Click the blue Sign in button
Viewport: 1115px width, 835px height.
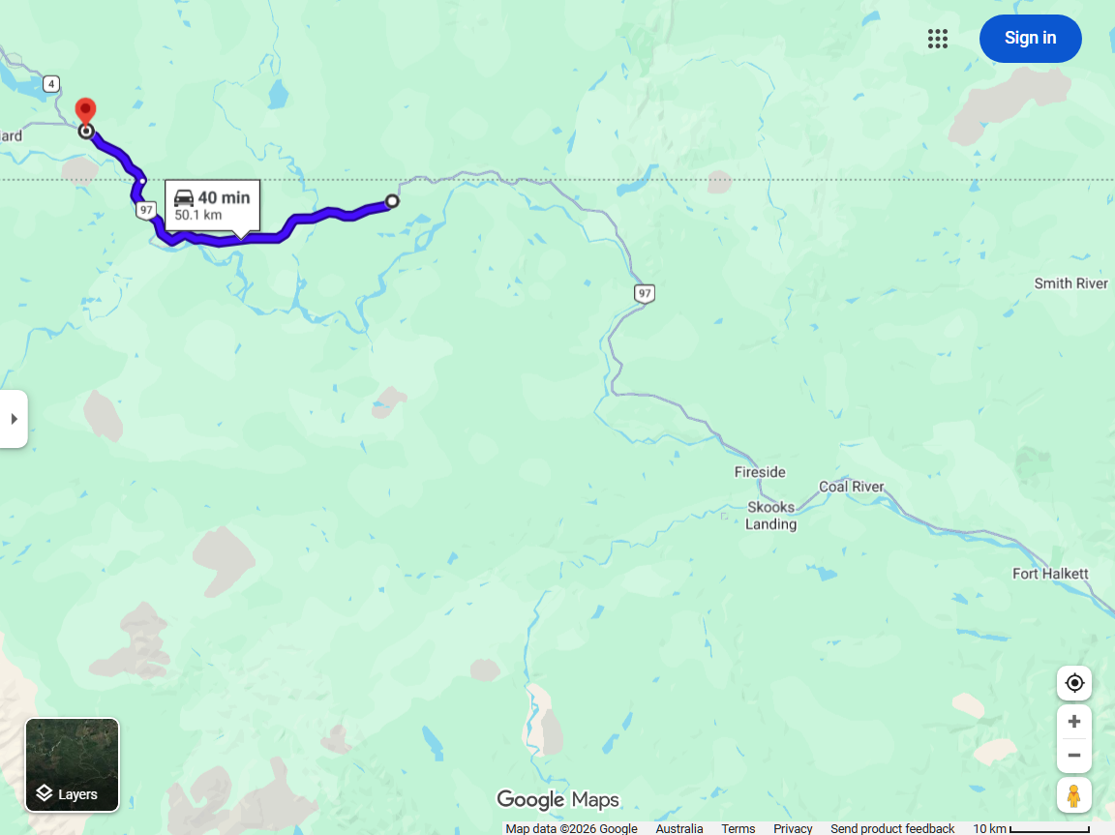[1030, 39]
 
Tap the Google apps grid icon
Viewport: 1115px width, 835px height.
[937, 39]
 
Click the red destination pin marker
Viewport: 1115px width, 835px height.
[86, 110]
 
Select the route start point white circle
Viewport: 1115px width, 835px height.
[392, 201]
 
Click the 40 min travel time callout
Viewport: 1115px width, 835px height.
[213, 204]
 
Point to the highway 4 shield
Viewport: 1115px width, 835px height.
[51, 84]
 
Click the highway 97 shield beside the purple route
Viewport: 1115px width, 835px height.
[145, 210]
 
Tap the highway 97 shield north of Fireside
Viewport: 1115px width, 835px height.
[645, 293]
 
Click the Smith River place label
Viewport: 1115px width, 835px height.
[1070, 283]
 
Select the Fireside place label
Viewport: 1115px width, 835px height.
[760, 472]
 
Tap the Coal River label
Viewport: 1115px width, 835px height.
[851, 487]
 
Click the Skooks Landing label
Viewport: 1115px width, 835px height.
[770, 516]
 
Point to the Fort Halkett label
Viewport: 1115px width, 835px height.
[1050, 574]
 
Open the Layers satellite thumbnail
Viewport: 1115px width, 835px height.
[73, 764]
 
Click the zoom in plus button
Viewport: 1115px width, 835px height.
[1073, 722]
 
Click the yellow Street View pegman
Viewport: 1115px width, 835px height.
[1073, 795]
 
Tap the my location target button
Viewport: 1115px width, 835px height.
[1073, 683]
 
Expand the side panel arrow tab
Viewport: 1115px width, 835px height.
[14, 419]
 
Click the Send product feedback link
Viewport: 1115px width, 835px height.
[892, 828]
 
